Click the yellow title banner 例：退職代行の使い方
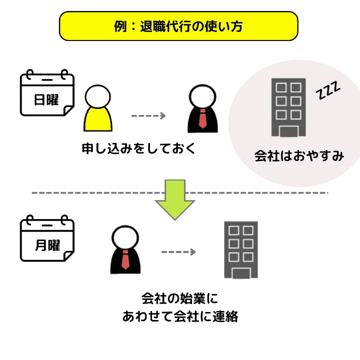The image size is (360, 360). (179, 26)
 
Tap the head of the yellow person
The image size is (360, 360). (99, 94)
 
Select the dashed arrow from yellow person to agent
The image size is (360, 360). (148, 116)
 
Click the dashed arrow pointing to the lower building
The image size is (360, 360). (178, 252)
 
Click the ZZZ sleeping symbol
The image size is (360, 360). (328, 91)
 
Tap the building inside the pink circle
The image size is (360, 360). (288, 107)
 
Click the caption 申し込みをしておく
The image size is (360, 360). (138, 148)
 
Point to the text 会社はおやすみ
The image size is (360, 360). (299, 156)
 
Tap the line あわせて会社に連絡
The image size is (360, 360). (180, 317)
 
